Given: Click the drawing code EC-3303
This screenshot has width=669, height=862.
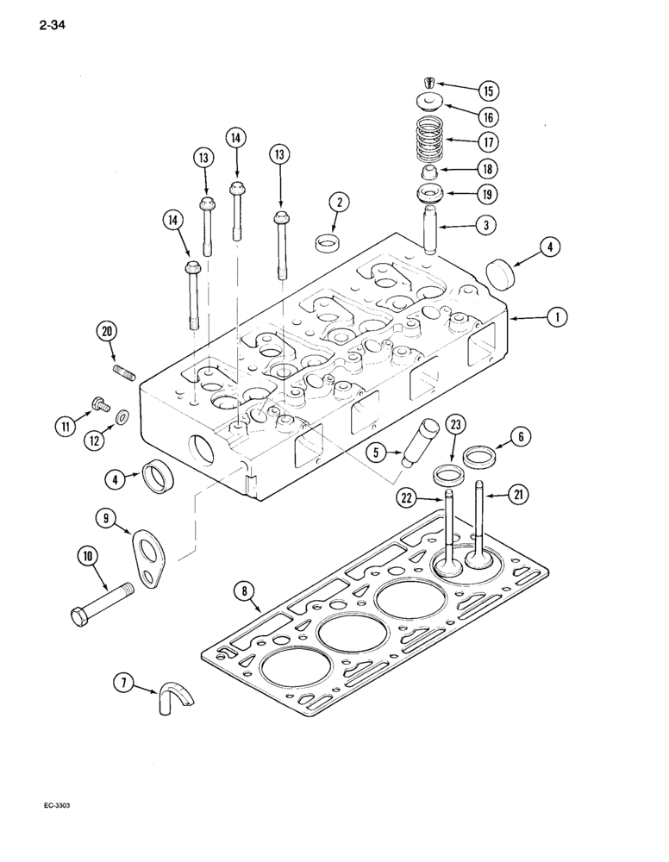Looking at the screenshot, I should click(58, 804).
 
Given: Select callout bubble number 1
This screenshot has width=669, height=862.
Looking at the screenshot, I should click(557, 318).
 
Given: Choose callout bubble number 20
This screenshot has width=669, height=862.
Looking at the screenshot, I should click(108, 332).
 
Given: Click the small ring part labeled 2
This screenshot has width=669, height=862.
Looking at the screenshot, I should click(327, 241).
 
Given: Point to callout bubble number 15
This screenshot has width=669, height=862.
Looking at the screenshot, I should click(488, 91).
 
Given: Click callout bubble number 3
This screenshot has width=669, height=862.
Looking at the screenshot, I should click(487, 226).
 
